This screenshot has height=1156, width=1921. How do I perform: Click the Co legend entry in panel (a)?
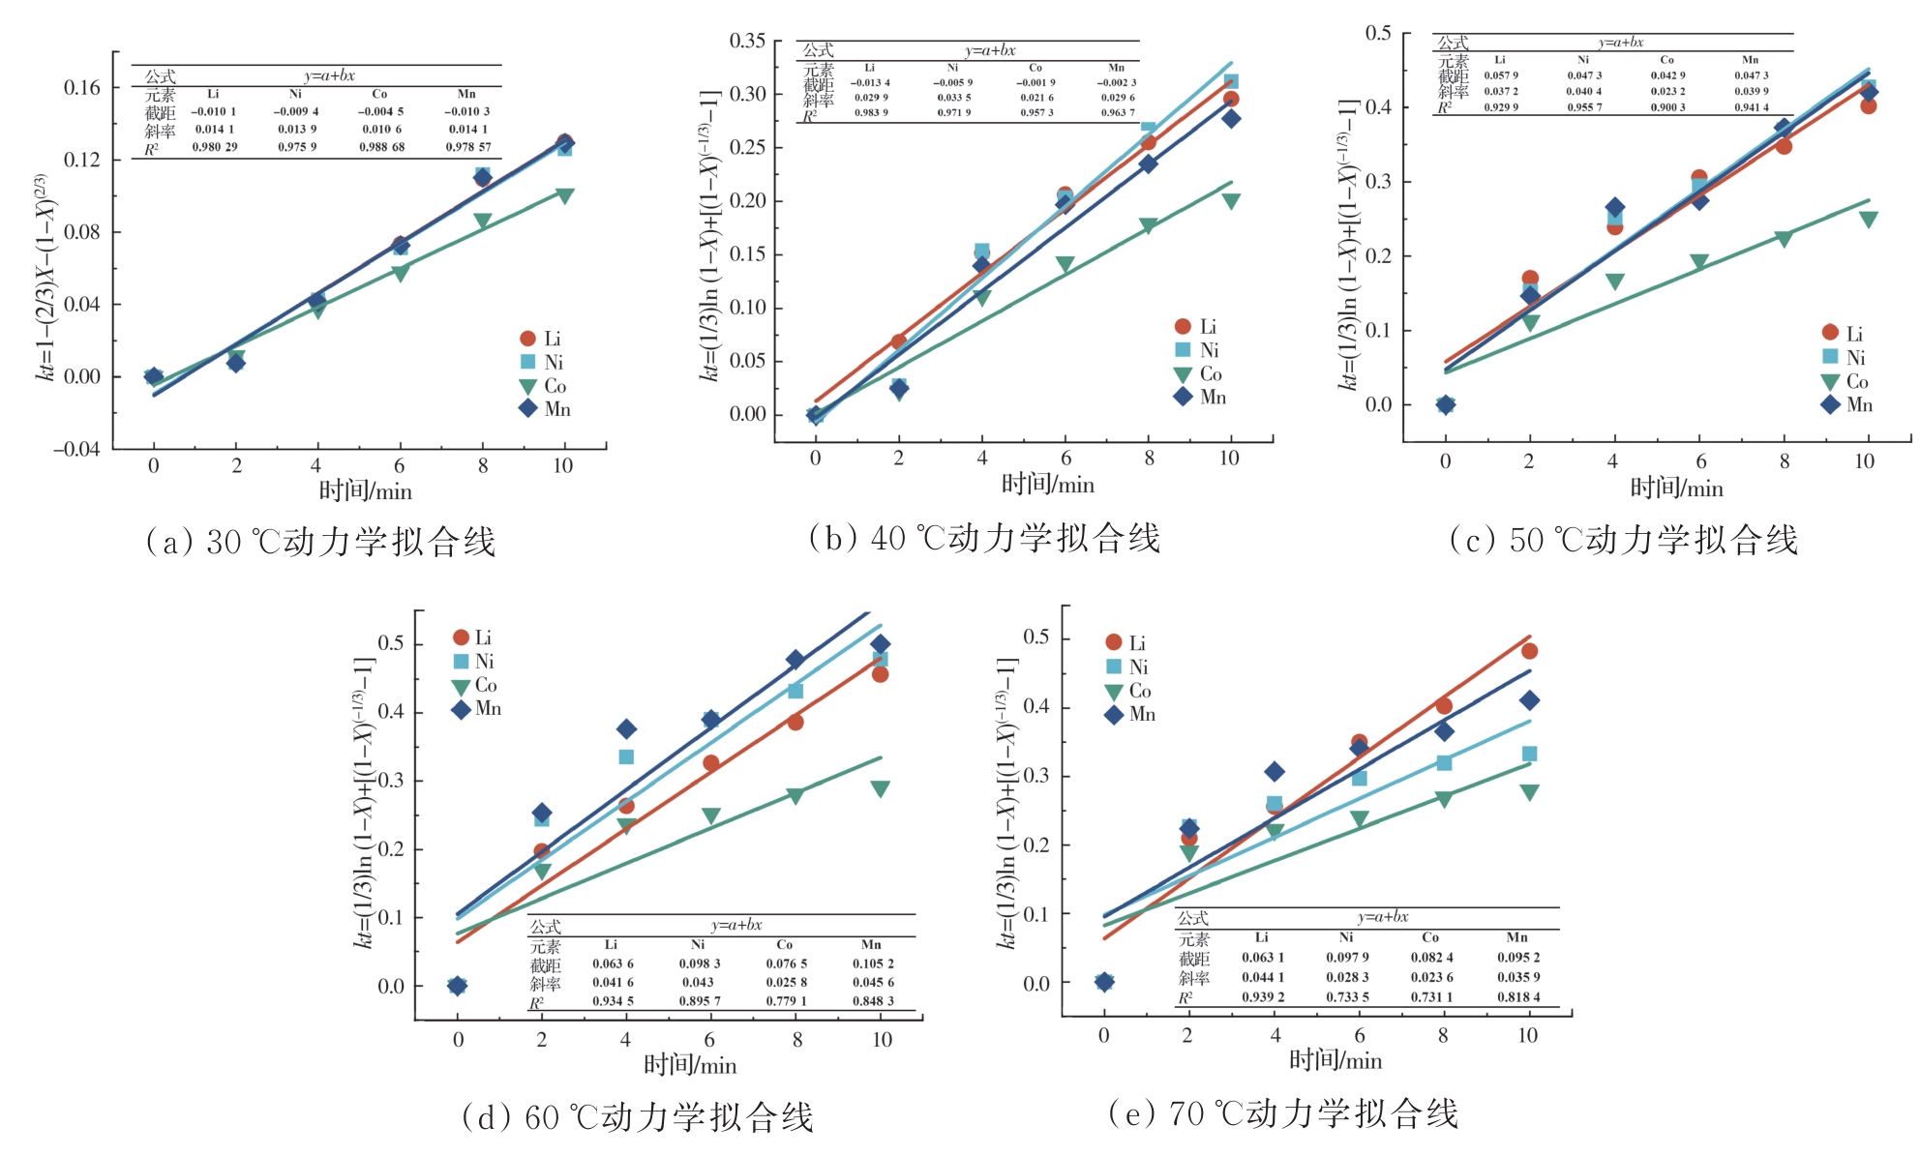pyautogui.click(x=544, y=386)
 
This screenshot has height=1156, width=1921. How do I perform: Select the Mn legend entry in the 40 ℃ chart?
pyautogui.click(x=1200, y=397)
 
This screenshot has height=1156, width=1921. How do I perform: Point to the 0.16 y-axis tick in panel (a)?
pyautogui.click(x=82, y=88)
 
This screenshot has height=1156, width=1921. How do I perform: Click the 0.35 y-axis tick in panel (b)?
pyautogui.click(x=747, y=41)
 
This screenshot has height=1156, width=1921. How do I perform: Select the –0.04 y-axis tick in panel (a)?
pyautogui.click(x=76, y=449)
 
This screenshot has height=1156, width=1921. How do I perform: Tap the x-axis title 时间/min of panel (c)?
pyautogui.click(x=1676, y=488)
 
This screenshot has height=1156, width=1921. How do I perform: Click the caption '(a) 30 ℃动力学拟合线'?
pyautogui.click(x=320, y=541)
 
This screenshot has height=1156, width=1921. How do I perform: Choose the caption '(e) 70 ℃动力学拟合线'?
pyautogui.click(x=1282, y=1113)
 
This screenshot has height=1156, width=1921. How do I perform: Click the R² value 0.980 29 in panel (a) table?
pyautogui.click(x=214, y=147)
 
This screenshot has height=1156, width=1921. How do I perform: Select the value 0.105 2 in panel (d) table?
pyautogui.click(x=873, y=963)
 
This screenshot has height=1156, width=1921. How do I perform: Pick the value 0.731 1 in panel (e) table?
pyautogui.click(x=1431, y=996)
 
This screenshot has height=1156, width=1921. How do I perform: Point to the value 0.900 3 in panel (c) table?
pyautogui.click(x=1667, y=107)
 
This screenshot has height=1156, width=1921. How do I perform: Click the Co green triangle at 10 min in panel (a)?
pyautogui.click(x=565, y=196)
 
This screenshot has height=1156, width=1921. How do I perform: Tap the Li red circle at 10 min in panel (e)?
pyautogui.click(x=1529, y=651)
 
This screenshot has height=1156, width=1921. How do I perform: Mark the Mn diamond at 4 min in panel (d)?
pyautogui.click(x=626, y=728)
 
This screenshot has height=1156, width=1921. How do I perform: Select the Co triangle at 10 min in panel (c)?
pyautogui.click(x=1868, y=220)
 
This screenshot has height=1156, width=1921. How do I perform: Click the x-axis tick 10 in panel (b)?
pyautogui.click(x=1229, y=459)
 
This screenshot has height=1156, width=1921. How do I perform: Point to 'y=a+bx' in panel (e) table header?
pyautogui.click(x=1382, y=916)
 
